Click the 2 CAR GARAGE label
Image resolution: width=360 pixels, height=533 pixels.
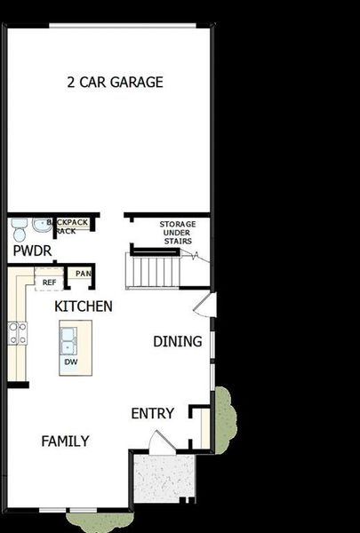click(116, 83)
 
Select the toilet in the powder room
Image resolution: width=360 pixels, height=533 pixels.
click(19, 231)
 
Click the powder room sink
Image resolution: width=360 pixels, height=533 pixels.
click(40, 225)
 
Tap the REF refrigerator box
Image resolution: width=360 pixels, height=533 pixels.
click(49, 282)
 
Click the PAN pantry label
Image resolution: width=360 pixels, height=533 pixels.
click(83, 274)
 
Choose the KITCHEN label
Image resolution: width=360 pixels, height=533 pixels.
click(84, 306)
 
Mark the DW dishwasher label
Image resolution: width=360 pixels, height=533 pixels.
click(70, 362)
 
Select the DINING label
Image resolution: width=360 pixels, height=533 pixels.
click(177, 341)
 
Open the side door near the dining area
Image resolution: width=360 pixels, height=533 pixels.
click(204, 307)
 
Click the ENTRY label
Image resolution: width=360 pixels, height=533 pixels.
click(152, 413)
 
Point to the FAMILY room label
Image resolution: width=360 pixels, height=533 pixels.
click(65, 441)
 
